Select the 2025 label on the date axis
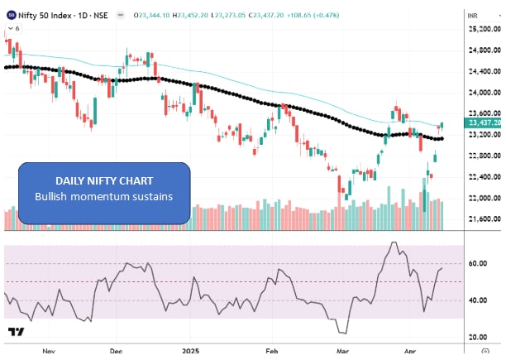click(192, 350)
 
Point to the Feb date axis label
click(272, 350)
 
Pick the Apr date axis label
click(413, 350)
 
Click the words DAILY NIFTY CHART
click(104, 180)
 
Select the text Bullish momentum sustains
click(104, 196)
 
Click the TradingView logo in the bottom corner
click(16, 332)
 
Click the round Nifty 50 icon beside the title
click(11, 14)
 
